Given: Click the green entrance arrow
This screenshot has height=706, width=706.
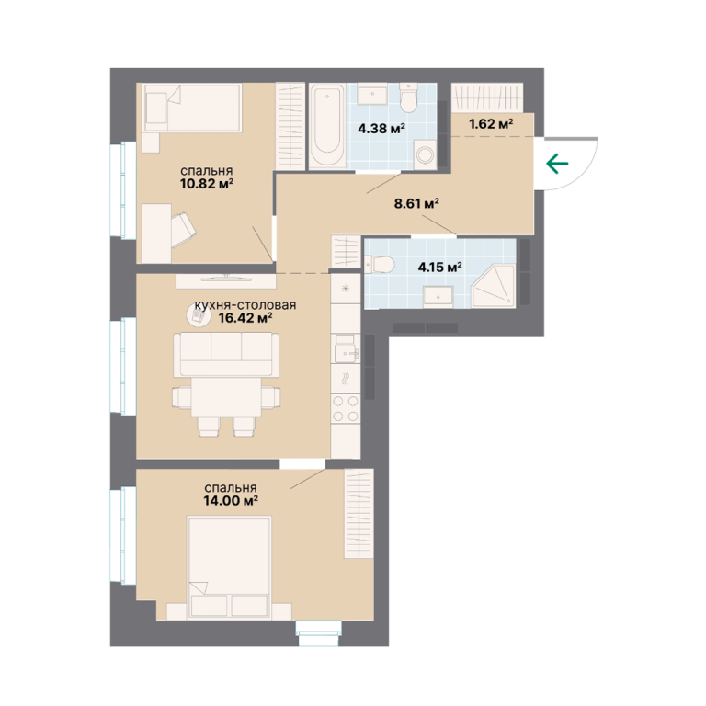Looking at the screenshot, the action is click(x=557, y=163).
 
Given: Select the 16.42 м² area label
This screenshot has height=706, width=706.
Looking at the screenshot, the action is click(x=245, y=318).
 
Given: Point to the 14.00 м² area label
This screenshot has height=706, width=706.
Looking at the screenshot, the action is click(x=231, y=500).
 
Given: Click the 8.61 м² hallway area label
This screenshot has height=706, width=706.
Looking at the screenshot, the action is click(x=416, y=203).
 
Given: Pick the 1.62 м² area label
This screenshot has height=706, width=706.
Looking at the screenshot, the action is click(x=491, y=123).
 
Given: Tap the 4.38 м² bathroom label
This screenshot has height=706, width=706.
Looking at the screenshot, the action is click(x=381, y=129).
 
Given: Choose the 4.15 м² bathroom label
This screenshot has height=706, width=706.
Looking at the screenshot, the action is click(x=440, y=267).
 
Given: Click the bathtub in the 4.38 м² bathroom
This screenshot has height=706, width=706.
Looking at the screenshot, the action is click(x=327, y=125).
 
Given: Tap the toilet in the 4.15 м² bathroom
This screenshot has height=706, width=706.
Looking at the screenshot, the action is click(x=380, y=265).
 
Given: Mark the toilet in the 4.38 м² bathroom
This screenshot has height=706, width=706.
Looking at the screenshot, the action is click(x=409, y=98).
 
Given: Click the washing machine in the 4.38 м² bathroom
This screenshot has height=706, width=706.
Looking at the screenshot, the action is click(x=425, y=154).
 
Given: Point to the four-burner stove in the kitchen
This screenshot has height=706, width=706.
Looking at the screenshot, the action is click(x=346, y=408).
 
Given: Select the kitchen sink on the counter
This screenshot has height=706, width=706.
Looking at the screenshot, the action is click(x=346, y=348).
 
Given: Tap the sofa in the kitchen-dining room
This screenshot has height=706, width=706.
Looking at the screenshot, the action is click(x=226, y=354).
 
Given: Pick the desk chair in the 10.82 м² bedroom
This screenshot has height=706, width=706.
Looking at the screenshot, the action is click(x=183, y=229).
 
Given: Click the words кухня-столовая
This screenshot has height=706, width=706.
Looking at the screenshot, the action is click(x=245, y=305).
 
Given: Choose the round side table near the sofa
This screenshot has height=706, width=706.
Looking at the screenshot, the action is click(x=198, y=314).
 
